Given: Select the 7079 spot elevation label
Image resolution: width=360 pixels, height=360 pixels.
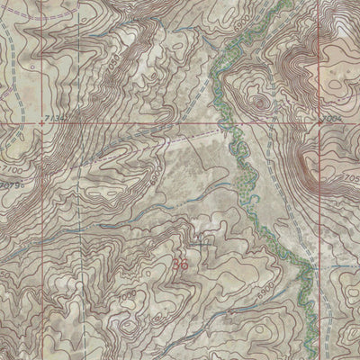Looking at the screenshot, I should pyautogui.click(x=13, y=185).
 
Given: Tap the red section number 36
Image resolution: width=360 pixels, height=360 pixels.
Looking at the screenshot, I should pyautogui.click(x=181, y=265).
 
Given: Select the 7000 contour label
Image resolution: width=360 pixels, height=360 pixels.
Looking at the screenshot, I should pyautogui.click(x=125, y=294).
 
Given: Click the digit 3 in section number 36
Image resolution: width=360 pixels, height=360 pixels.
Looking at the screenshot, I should pyautogui.click(x=176, y=265).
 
